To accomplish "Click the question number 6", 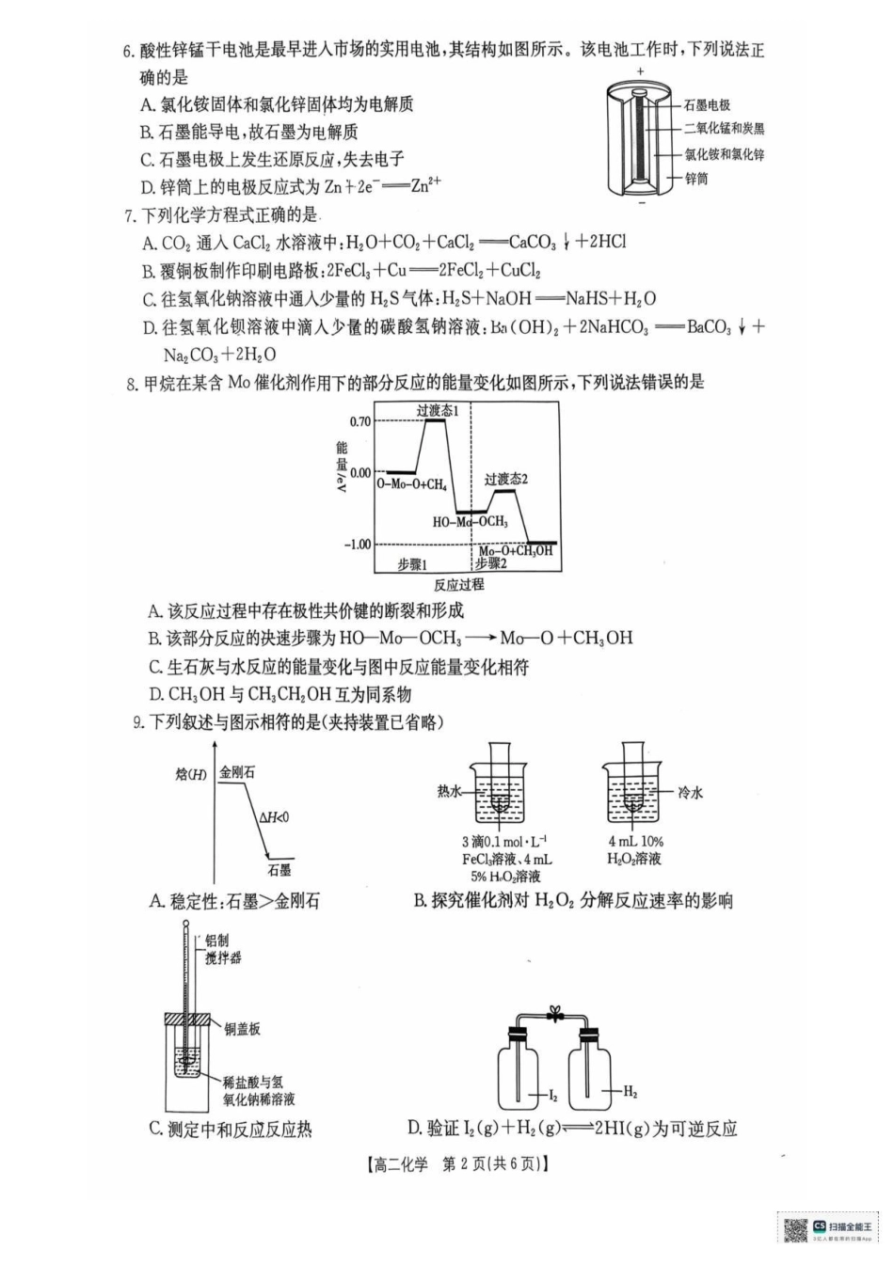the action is click(x=129, y=51).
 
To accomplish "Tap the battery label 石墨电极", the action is click(x=707, y=105).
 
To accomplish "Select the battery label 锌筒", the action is click(x=696, y=179).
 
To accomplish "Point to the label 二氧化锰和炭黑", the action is click(x=724, y=130).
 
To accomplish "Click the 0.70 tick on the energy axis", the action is click(x=359, y=420).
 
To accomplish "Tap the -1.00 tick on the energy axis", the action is click(x=358, y=545).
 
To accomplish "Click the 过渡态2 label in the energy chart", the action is click(x=506, y=480).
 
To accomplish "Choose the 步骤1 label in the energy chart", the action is click(x=411, y=563).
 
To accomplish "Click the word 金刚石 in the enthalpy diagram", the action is click(x=237, y=772).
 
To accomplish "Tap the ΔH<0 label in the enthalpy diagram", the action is click(x=274, y=817).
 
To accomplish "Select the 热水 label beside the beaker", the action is click(x=450, y=792).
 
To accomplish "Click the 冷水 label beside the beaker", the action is click(x=690, y=793).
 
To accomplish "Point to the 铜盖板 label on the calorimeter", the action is click(x=242, y=1029).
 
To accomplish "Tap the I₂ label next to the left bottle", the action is click(x=553, y=1095).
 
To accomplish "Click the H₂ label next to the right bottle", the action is click(x=630, y=1093).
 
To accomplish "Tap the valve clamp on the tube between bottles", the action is click(x=556, y=1014).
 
